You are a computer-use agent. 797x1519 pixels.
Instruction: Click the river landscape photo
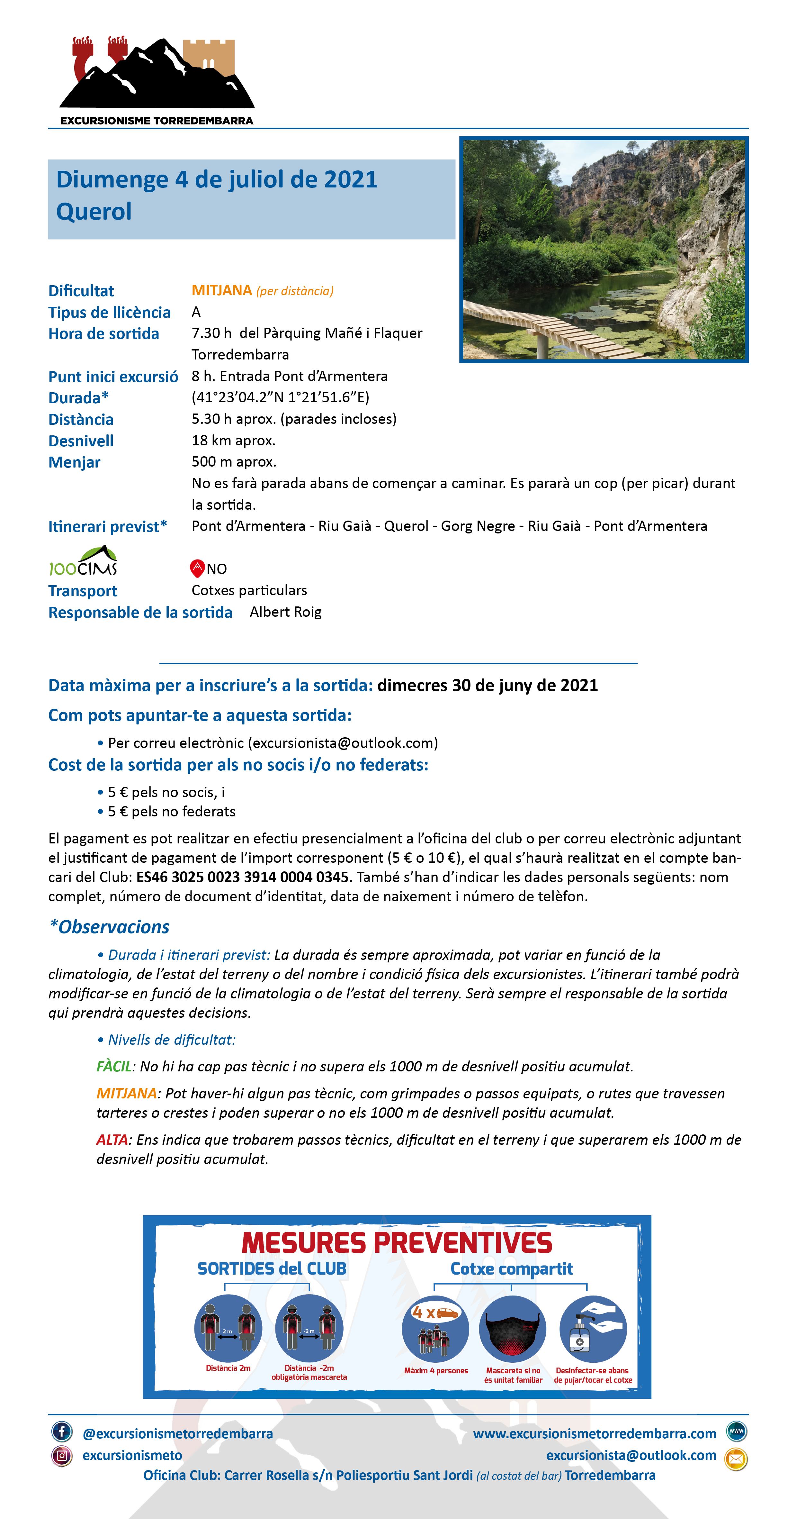click(x=603, y=250)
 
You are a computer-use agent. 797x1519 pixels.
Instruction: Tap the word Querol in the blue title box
click(x=94, y=212)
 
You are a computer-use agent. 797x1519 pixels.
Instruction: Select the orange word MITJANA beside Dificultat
click(x=222, y=290)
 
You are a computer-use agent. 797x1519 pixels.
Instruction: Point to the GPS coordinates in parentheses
click(x=280, y=397)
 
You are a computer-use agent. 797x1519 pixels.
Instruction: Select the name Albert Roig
click(x=285, y=612)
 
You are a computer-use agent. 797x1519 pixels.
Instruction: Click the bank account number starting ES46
click(x=242, y=877)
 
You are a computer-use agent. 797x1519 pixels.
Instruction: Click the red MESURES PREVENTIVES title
click(x=397, y=1243)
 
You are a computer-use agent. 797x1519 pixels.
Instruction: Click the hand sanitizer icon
click(x=592, y=1329)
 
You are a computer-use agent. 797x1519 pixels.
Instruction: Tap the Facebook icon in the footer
click(x=62, y=1431)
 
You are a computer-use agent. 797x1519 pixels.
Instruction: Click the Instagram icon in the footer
click(x=62, y=1455)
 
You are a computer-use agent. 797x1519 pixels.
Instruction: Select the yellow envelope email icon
click(x=736, y=1459)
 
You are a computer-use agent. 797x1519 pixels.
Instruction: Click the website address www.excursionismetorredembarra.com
click(x=594, y=1433)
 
